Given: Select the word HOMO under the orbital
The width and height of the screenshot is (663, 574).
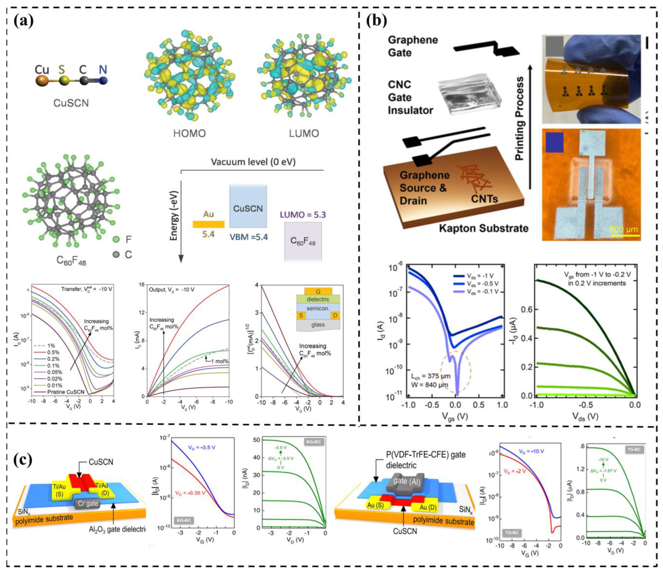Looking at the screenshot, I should (x=189, y=133).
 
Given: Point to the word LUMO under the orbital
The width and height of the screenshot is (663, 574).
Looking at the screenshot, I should (x=304, y=133).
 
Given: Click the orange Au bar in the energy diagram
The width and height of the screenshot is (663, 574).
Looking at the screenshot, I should (x=208, y=224).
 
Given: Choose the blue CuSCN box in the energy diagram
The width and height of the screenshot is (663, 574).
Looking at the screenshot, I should (x=248, y=207).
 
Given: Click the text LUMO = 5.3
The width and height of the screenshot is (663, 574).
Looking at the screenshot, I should (x=303, y=215).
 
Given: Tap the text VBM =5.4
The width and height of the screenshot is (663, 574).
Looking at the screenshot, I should (x=249, y=237).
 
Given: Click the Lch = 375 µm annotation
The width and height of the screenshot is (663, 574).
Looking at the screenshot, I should (x=431, y=376).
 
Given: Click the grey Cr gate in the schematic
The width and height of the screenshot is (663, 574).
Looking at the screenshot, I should (x=88, y=504).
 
